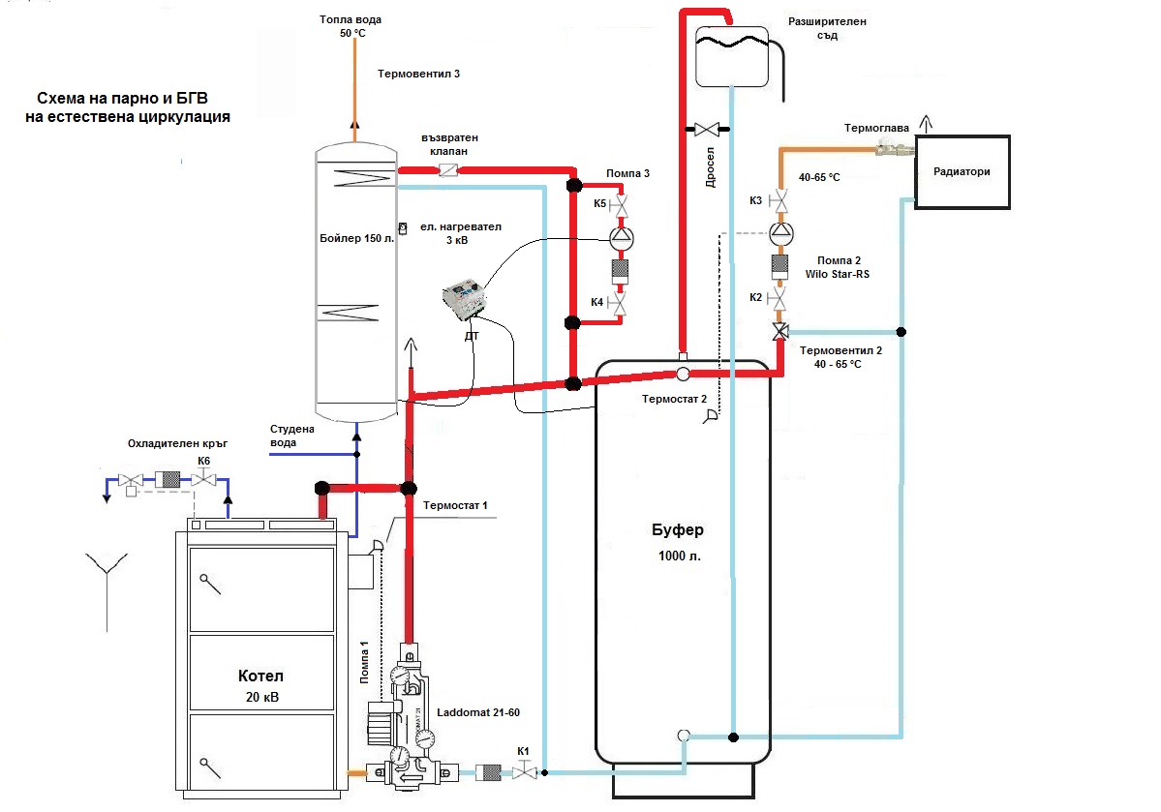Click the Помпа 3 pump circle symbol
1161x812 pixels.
pos(622,238)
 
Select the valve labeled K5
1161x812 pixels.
pos(619,205)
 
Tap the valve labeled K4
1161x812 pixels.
pos(617,304)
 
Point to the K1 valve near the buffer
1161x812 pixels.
pos(524,772)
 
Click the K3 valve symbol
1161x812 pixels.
pos(779,201)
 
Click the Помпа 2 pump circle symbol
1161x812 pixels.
pos(780,233)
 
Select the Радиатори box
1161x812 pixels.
pos(962,171)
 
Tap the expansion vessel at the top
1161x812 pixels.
pos(731,56)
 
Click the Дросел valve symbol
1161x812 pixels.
pos(707,130)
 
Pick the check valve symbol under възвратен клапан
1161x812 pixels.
pos(448,170)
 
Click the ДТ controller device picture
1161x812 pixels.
pos(464,298)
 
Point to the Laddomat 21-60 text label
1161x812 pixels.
pos(478,712)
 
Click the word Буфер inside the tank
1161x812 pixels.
pos(678,530)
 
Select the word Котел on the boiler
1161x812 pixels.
pos(260,676)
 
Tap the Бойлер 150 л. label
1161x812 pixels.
pos(357,238)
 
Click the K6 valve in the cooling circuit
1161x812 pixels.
pos(203,480)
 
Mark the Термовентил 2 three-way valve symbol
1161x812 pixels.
pos(780,332)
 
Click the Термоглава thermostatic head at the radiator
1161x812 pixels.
pos(894,149)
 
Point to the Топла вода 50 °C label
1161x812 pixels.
pos(351,26)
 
